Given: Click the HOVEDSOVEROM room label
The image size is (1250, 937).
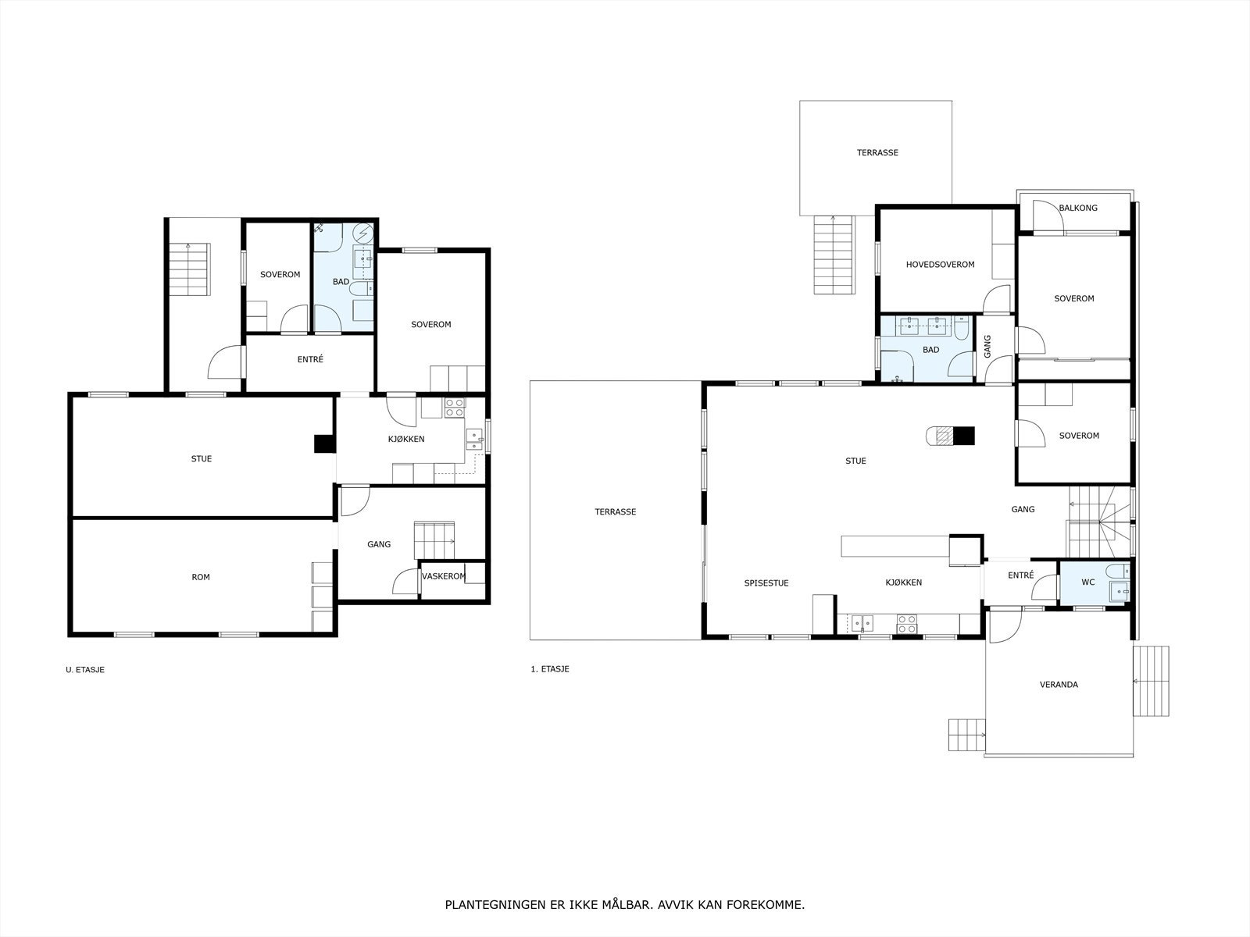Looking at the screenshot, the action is [x=940, y=265].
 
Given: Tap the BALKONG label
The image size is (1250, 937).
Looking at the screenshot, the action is [x=1078, y=208].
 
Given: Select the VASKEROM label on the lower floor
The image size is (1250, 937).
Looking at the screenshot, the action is [x=444, y=576].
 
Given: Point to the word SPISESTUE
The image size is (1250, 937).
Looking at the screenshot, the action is [x=766, y=583].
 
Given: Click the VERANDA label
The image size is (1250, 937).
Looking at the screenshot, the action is [x=1059, y=685].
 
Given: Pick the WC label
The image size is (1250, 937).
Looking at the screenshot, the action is [x=1087, y=583].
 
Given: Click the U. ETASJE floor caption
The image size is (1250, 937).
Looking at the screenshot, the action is [x=85, y=670].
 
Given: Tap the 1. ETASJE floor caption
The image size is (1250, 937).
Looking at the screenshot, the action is [x=549, y=670].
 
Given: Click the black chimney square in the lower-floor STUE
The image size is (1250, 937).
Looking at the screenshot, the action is [x=324, y=444].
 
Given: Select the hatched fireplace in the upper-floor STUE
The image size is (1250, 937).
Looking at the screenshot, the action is [x=945, y=436].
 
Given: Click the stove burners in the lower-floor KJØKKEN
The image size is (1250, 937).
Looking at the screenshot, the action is [x=455, y=408].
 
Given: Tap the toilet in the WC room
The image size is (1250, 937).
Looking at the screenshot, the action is [x=1117, y=571].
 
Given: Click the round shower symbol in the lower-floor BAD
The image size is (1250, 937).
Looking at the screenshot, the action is [x=362, y=233].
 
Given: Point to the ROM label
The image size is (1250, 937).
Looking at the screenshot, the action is [x=201, y=578].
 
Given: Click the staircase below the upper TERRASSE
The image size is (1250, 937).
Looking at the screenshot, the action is [x=834, y=255].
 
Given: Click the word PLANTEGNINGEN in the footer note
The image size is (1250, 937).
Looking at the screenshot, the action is [x=495, y=905].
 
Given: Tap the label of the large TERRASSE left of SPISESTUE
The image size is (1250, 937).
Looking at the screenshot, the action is [x=615, y=512].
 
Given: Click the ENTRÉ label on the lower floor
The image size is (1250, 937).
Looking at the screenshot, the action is [x=310, y=359].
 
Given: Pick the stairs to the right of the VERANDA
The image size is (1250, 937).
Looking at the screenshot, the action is [x=1151, y=681].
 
